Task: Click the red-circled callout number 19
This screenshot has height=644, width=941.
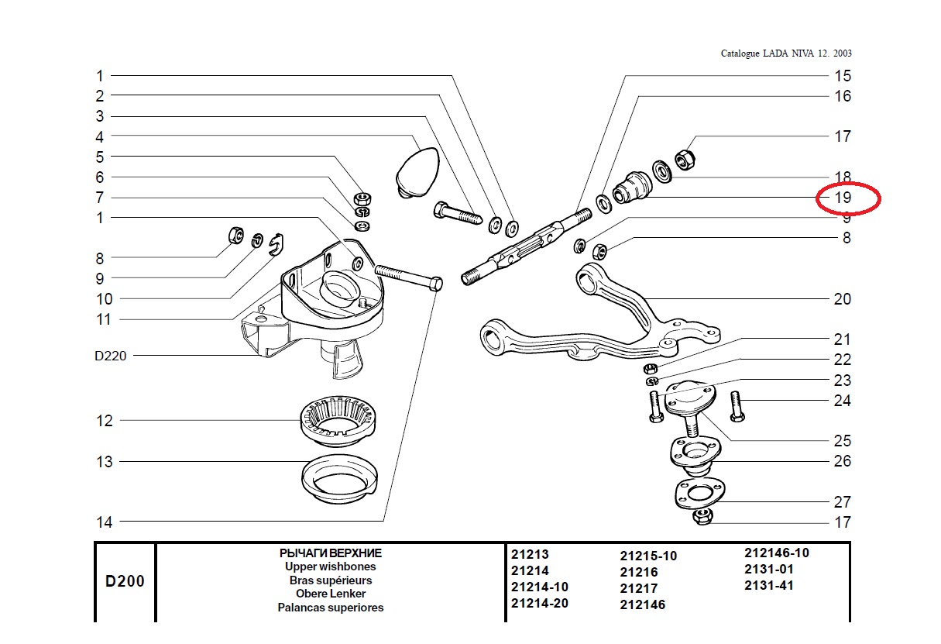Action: [x=843, y=197]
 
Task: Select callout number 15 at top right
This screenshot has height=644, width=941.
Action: [x=843, y=76]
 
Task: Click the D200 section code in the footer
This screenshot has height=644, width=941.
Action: [x=125, y=581]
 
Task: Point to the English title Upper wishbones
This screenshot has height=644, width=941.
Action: [x=331, y=567]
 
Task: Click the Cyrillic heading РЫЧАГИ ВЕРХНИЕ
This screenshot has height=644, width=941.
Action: [x=331, y=553]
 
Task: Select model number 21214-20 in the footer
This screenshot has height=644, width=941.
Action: [x=540, y=603]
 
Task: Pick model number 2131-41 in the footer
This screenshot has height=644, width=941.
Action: [x=769, y=585]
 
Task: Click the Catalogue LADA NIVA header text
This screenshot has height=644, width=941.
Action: [x=786, y=53]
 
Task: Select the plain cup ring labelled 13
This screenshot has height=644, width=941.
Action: [x=339, y=478]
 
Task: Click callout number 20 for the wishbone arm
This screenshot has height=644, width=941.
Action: [x=842, y=299]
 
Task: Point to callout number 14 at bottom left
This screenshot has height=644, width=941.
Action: [x=104, y=522]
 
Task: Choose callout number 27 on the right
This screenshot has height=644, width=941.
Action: [x=842, y=501]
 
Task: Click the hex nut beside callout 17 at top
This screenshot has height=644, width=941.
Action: [x=685, y=159]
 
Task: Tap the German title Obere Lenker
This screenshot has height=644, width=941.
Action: [x=331, y=594]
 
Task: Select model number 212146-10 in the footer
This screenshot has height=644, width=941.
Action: [x=777, y=553]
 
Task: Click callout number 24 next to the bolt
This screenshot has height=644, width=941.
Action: [x=842, y=401]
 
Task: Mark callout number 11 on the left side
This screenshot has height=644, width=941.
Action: [x=104, y=319]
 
